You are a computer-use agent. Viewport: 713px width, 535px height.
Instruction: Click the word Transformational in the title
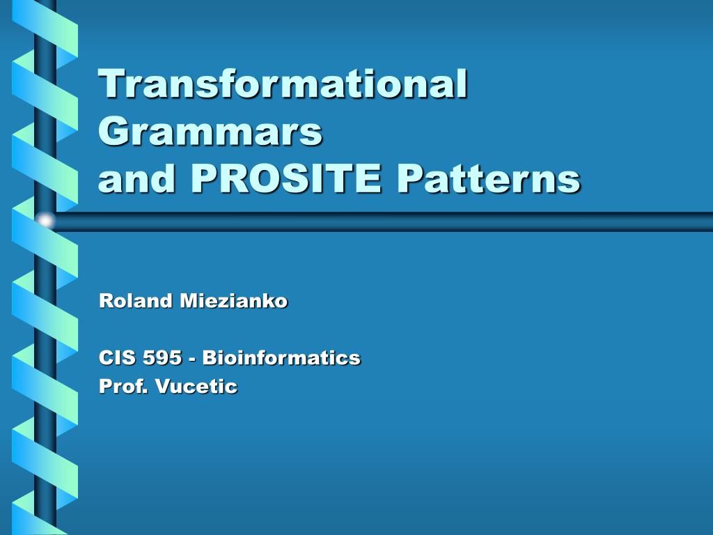pyautogui.click(x=283, y=85)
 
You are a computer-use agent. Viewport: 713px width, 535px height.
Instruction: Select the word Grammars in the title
pyautogui.click(x=210, y=132)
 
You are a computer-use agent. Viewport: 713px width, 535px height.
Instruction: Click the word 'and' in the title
pyautogui.click(x=139, y=179)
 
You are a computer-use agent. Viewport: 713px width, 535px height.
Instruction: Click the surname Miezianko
pyautogui.click(x=234, y=301)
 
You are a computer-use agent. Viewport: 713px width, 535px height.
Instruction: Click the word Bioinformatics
pyautogui.click(x=281, y=358)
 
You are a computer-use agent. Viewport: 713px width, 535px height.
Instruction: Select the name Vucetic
pyautogui.click(x=196, y=386)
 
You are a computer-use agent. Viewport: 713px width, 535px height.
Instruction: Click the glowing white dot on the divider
pyautogui.click(x=45, y=222)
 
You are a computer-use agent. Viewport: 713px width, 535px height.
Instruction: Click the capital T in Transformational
pyautogui.click(x=112, y=85)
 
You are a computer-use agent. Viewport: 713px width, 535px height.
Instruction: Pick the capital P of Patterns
pyautogui.click(x=410, y=179)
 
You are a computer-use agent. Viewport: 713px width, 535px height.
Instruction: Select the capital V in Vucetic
pyautogui.click(x=162, y=386)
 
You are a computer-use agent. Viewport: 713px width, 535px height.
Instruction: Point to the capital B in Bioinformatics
pyautogui.click(x=209, y=358)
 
